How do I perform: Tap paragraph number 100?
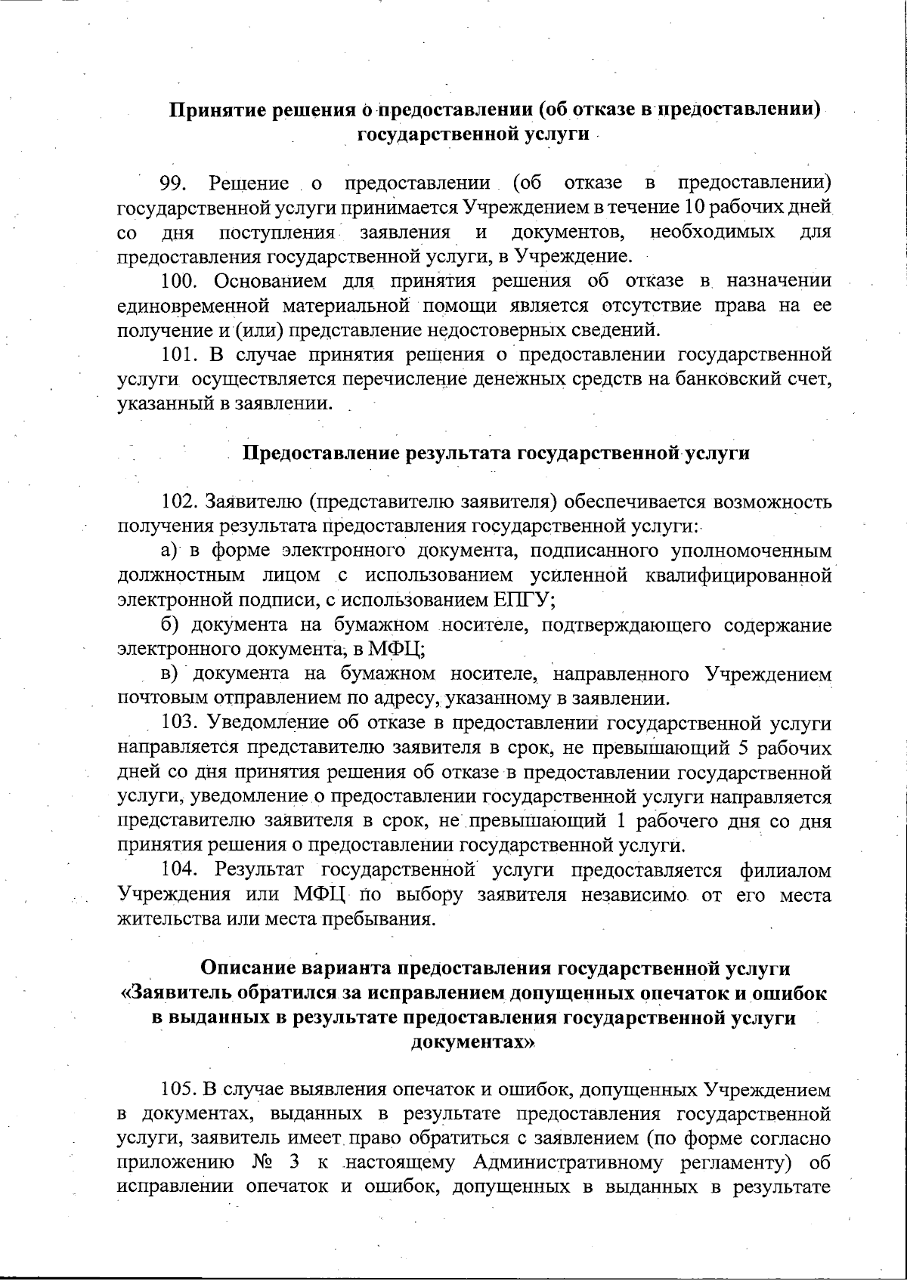[181, 282]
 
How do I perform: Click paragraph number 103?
[181, 723]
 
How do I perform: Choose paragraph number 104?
[181, 871]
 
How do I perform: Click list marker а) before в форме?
[169, 551]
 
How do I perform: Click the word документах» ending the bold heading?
[473, 1042]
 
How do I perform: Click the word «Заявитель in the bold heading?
[178, 992]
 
